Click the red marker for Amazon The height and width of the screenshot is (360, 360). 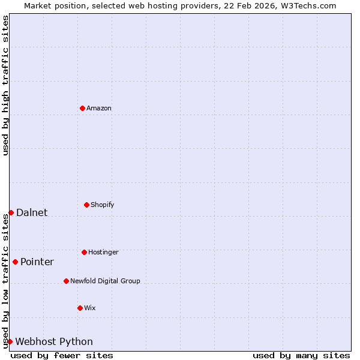pos(82,108)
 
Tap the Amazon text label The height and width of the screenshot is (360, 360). pos(99,109)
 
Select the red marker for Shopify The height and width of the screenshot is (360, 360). pos(86,205)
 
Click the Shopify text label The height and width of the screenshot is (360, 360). pos(103,205)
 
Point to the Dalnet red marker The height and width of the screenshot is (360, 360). pos(11,212)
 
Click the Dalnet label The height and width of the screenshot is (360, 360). pos(32,213)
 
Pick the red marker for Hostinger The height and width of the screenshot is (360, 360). pos(84,252)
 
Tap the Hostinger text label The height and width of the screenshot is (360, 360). pos(103,253)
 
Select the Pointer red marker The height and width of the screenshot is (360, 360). pos(15,262)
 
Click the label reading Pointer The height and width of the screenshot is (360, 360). pos(37,262)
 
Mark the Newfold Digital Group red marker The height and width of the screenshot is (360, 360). pos(66,281)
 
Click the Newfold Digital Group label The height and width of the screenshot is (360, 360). pos(105,281)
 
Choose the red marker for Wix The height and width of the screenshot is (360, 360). pos(80,308)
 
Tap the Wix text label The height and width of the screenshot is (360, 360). pos(90,308)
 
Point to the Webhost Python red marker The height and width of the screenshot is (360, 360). pos(10,341)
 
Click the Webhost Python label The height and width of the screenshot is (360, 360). pos(54,342)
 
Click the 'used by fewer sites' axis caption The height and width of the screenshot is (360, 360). pos(62,356)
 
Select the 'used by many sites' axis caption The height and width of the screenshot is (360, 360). pos(301,356)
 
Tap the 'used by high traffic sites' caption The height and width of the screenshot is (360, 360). pos(6,86)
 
